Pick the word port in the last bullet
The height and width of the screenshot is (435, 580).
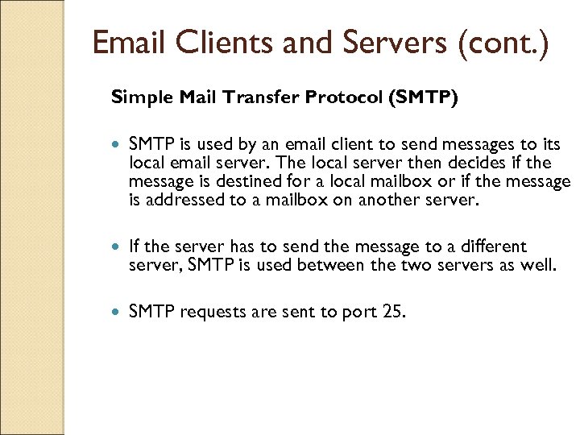[360, 312]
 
